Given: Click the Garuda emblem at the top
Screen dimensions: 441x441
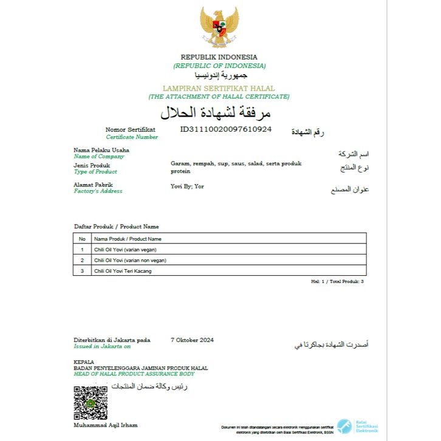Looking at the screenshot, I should tap(219, 27).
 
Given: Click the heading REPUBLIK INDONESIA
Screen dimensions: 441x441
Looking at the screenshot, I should tap(219, 57).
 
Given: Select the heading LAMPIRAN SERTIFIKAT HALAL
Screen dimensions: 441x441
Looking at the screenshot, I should tap(219, 89).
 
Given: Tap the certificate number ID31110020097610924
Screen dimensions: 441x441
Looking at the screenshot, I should tap(226, 129).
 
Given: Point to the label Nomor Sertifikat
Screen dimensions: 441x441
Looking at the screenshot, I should tap(130, 129).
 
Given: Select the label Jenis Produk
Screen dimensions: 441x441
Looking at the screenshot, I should tap(92, 165).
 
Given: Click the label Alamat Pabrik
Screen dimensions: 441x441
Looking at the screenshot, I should tap(93, 185).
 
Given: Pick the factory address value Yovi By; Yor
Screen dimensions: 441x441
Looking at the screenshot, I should tap(187, 186).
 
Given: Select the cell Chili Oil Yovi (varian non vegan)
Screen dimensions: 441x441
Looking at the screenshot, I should tap(130, 260).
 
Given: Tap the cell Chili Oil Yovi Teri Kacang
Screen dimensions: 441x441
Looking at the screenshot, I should tap(123, 271).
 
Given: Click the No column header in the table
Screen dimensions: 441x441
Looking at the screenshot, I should tap(82, 239).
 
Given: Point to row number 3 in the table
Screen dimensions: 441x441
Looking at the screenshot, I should tap(82, 271).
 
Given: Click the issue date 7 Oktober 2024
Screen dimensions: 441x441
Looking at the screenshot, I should tap(192, 340).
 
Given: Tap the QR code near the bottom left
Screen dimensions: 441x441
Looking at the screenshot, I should tap(91, 402).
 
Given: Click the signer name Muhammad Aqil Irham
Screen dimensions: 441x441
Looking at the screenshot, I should tap(106, 425).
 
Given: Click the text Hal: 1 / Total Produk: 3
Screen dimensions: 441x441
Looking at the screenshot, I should tap(337, 282).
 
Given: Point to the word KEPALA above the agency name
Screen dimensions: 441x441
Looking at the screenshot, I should tap(84, 362).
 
